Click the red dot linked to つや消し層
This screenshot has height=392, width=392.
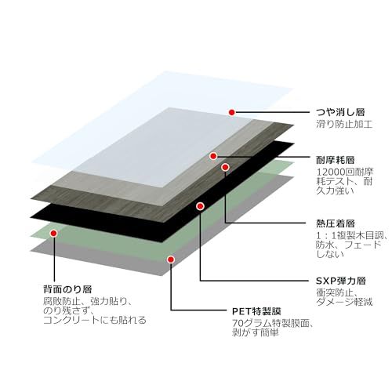pos(232,112)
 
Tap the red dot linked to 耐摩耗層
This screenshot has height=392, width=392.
pos(213,156)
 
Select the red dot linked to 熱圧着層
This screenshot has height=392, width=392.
pos(225,167)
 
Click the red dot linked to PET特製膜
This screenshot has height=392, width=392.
pos(169,257)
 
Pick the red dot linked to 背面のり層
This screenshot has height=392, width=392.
pos(55,232)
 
